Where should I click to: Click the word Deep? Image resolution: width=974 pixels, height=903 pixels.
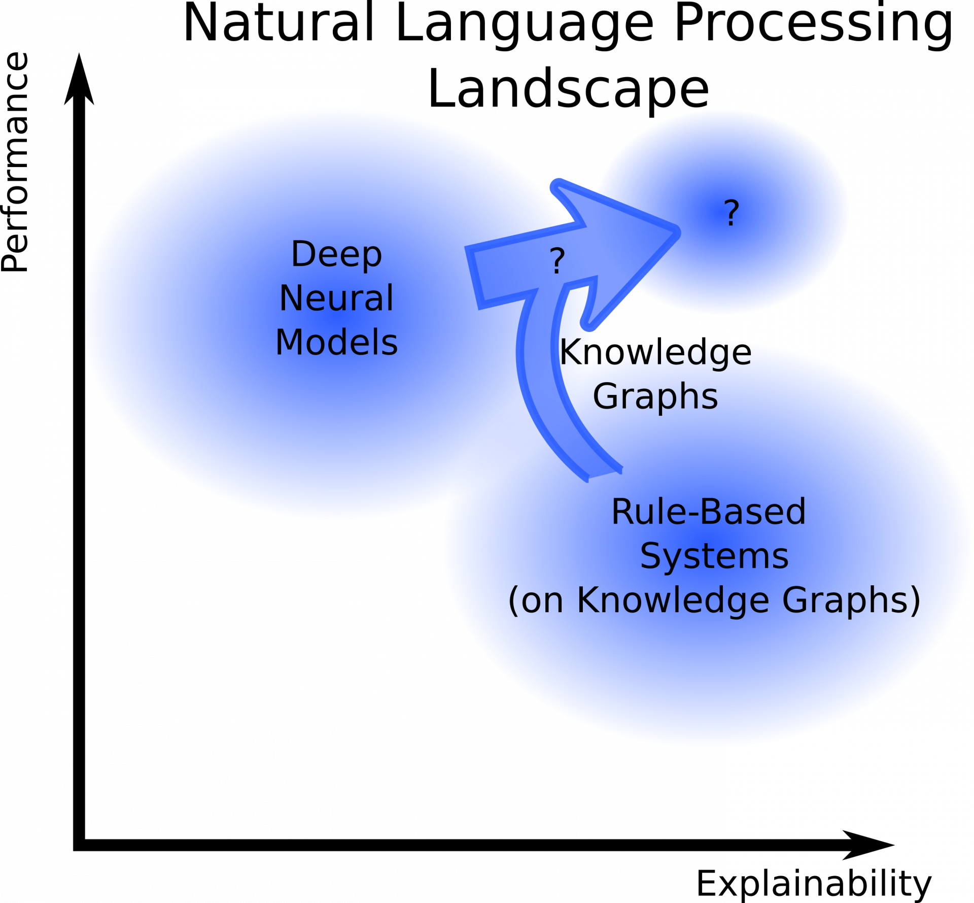pyautogui.click(x=336, y=254)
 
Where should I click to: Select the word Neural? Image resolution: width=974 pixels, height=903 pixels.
pyautogui.click(x=336, y=298)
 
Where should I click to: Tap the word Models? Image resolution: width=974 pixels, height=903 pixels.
pyautogui.click(x=336, y=343)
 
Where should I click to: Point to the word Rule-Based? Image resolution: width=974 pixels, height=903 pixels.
pyautogui.click(x=708, y=512)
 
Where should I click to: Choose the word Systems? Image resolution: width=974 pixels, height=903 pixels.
pyautogui.click(x=714, y=556)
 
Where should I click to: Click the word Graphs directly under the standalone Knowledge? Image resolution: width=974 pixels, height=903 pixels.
pyautogui.click(x=655, y=397)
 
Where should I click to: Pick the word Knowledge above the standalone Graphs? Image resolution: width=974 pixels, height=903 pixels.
pyautogui.click(x=655, y=352)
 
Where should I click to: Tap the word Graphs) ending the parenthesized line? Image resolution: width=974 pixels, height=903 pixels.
pyautogui.click(x=851, y=600)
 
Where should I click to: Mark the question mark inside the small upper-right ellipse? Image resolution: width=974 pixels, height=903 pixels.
pyautogui.click(x=731, y=213)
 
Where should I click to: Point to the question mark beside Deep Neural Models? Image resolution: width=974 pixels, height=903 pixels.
pyautogui.click(x=557, y=261)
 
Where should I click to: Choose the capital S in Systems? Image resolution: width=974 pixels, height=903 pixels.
pyautogui.click(x=649, y=556)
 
